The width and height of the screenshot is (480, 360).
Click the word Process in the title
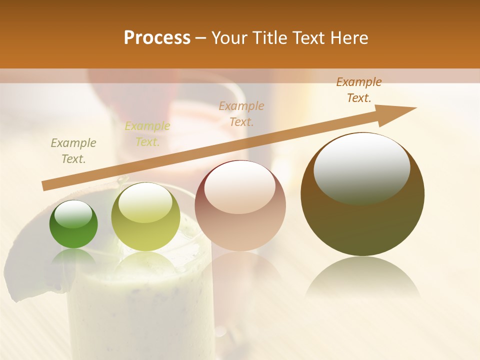(157, 38)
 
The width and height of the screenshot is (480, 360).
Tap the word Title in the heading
(268, 38)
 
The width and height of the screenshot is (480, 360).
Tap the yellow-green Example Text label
(147, 134)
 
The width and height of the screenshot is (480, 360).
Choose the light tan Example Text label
(241, 113)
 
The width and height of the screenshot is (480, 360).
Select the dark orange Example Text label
(359, 90)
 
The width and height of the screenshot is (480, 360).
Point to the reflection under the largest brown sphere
(362, 277)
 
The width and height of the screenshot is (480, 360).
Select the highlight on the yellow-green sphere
(145, 202)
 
